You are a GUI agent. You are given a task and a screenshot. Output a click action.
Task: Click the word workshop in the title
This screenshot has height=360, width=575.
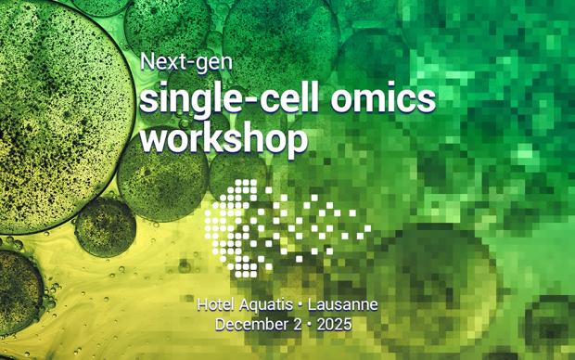[224, 138]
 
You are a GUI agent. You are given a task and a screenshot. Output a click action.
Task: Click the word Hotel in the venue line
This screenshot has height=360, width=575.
[215, 305]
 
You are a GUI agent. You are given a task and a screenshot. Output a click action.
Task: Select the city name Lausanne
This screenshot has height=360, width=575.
[344, 305]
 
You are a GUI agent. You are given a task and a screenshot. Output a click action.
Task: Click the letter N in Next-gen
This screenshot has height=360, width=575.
[147, 63]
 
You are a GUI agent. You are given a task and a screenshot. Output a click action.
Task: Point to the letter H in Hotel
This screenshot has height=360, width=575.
[203, 305]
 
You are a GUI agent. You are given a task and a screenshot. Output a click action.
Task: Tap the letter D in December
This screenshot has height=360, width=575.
[221, 325]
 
